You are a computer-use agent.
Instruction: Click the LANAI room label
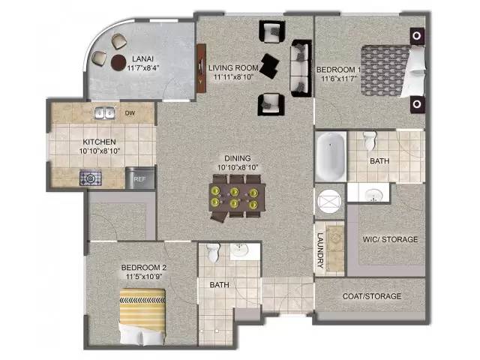(142, 58)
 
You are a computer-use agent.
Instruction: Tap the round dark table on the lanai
(118, 62)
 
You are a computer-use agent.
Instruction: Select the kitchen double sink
(104, 113)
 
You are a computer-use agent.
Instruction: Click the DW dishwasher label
(130, 113)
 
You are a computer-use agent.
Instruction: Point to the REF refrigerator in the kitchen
(140, 178)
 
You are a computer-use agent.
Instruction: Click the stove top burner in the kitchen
(91, 178)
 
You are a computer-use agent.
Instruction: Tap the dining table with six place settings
(237, 197)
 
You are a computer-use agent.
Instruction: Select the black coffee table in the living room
(269, 66)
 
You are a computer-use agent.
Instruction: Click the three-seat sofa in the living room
(301, 68)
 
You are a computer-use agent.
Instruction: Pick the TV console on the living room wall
(201, 68)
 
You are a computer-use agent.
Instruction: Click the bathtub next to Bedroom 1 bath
(331, 156)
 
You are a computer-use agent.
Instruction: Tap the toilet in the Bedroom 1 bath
(370, 140)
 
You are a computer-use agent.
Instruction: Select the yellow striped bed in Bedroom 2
(142, 316)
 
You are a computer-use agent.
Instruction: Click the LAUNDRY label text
(320, 250)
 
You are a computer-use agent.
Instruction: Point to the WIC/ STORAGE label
(390, 239)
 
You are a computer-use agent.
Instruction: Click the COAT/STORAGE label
(372, 296)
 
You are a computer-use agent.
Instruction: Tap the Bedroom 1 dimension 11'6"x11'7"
(339, 79)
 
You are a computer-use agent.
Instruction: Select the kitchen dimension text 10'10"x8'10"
(100, 151)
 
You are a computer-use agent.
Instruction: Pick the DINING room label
(238, 158)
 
